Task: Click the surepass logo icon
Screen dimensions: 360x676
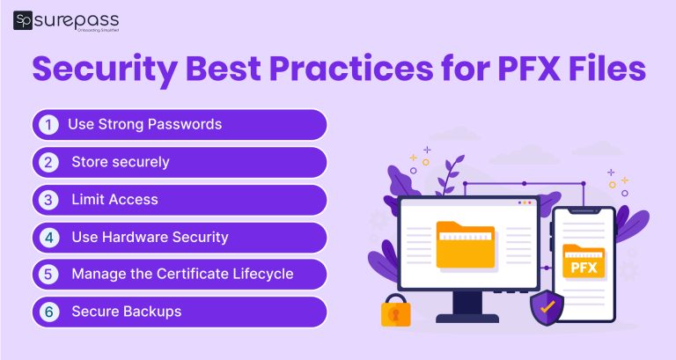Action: [23, 20]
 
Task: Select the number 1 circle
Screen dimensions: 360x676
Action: [49, 124]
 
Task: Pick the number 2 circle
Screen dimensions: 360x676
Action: [49, 162]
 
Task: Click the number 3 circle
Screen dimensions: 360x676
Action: [49, 200]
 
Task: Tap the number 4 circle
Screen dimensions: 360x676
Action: [49, 237]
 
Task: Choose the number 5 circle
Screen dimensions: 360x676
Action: [49, 275]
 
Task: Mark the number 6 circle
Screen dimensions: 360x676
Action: [49, 312]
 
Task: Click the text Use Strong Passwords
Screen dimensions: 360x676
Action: [144, 124]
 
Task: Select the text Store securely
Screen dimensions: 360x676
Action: [120, 162]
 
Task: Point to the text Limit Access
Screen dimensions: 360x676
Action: [114, 200]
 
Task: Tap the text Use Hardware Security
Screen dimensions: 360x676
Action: [150, 237]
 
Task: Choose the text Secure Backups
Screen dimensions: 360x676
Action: [126, 312]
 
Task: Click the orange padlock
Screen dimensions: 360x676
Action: [394, 311]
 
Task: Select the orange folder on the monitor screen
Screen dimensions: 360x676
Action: [466, 244]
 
